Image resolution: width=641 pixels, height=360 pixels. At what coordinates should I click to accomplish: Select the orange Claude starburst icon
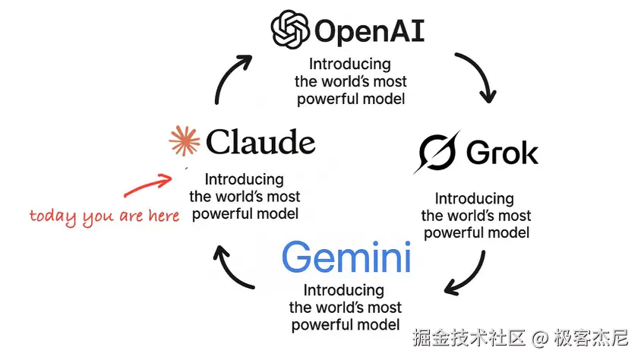click(185, 142)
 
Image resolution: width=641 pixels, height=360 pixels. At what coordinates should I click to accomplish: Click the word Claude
click(260, 142)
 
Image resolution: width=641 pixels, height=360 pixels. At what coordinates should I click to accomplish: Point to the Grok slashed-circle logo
click(437, 153)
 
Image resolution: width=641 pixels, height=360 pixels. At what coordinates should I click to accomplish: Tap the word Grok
click(502, 153)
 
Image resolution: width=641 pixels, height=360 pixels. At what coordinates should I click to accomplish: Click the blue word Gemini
click(346, 258)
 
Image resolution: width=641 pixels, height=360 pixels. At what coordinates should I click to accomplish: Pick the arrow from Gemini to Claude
click(232, 270)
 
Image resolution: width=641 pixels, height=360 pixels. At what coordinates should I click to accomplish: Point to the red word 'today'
click(53, 216)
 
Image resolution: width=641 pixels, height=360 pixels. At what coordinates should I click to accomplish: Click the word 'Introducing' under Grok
click(475, 199)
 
